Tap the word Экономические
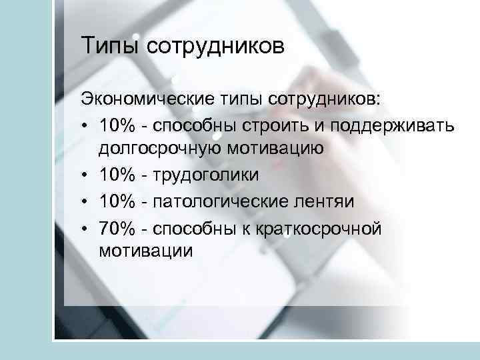pos(145,100)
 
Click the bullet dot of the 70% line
pos(86,228)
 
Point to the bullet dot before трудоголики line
pos(86,175)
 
